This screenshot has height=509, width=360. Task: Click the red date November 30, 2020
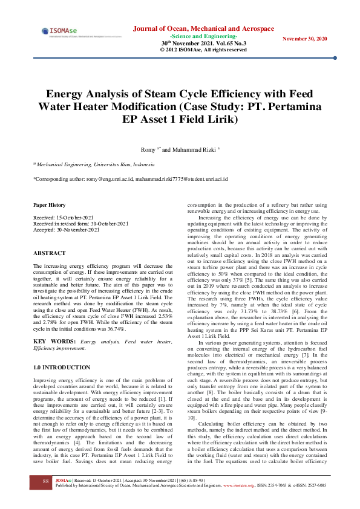pyautogui.click(x=306, y=39)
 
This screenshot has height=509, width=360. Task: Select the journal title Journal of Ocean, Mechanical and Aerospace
pyautogui.click(x=203, y=28)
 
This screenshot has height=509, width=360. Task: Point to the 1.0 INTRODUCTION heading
pyautogui.click(x=62, y=367)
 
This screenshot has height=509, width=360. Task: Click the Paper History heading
pyautogui.click(x=50, y=205)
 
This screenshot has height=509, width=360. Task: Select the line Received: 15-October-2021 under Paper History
pyautogui.click(x=63, y=217)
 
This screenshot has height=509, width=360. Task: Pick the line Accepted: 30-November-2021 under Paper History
pyautogui.click(x=65, y=230)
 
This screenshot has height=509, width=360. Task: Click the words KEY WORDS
pyautogui.click(x=47, y=342)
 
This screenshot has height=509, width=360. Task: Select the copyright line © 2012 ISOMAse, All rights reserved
pyautogui.click(x=203, y=50)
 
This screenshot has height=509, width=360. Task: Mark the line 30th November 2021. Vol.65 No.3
pyautogui.click(x=203, y=44)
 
